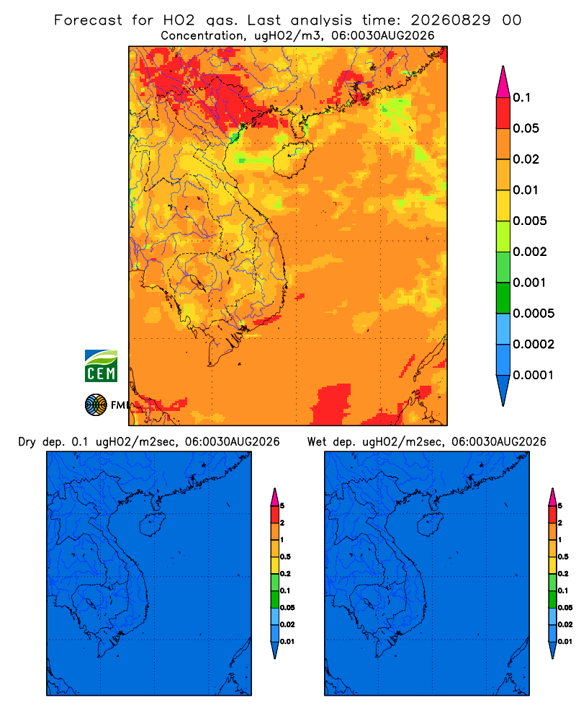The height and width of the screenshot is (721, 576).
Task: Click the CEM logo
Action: coord(101,366)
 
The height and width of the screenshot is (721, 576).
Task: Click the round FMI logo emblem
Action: coord(96,404)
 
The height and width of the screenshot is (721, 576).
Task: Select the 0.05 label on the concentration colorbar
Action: coord(526,128)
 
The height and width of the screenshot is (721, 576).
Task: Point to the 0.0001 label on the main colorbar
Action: coord(534,375)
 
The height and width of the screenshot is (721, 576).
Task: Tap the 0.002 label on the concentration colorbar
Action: coord(530,252)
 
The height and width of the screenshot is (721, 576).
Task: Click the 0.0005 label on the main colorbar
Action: coord(534,314)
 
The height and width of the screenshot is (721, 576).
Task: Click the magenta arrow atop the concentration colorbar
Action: coord(503,81)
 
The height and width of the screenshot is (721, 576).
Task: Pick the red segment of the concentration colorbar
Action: coord(503,112)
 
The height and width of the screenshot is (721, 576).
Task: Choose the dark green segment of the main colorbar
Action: coord(503,298)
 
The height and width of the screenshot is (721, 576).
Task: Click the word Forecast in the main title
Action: coord(88,20)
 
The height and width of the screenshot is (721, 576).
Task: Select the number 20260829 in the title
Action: coord(451,20)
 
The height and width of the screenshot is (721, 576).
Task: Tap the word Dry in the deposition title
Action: coord(27,442)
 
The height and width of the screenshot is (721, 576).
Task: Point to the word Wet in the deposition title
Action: coord(317,442)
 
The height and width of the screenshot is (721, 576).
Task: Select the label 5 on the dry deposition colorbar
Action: coord(282,506)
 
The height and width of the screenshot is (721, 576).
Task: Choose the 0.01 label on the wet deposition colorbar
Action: coord(565,642)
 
